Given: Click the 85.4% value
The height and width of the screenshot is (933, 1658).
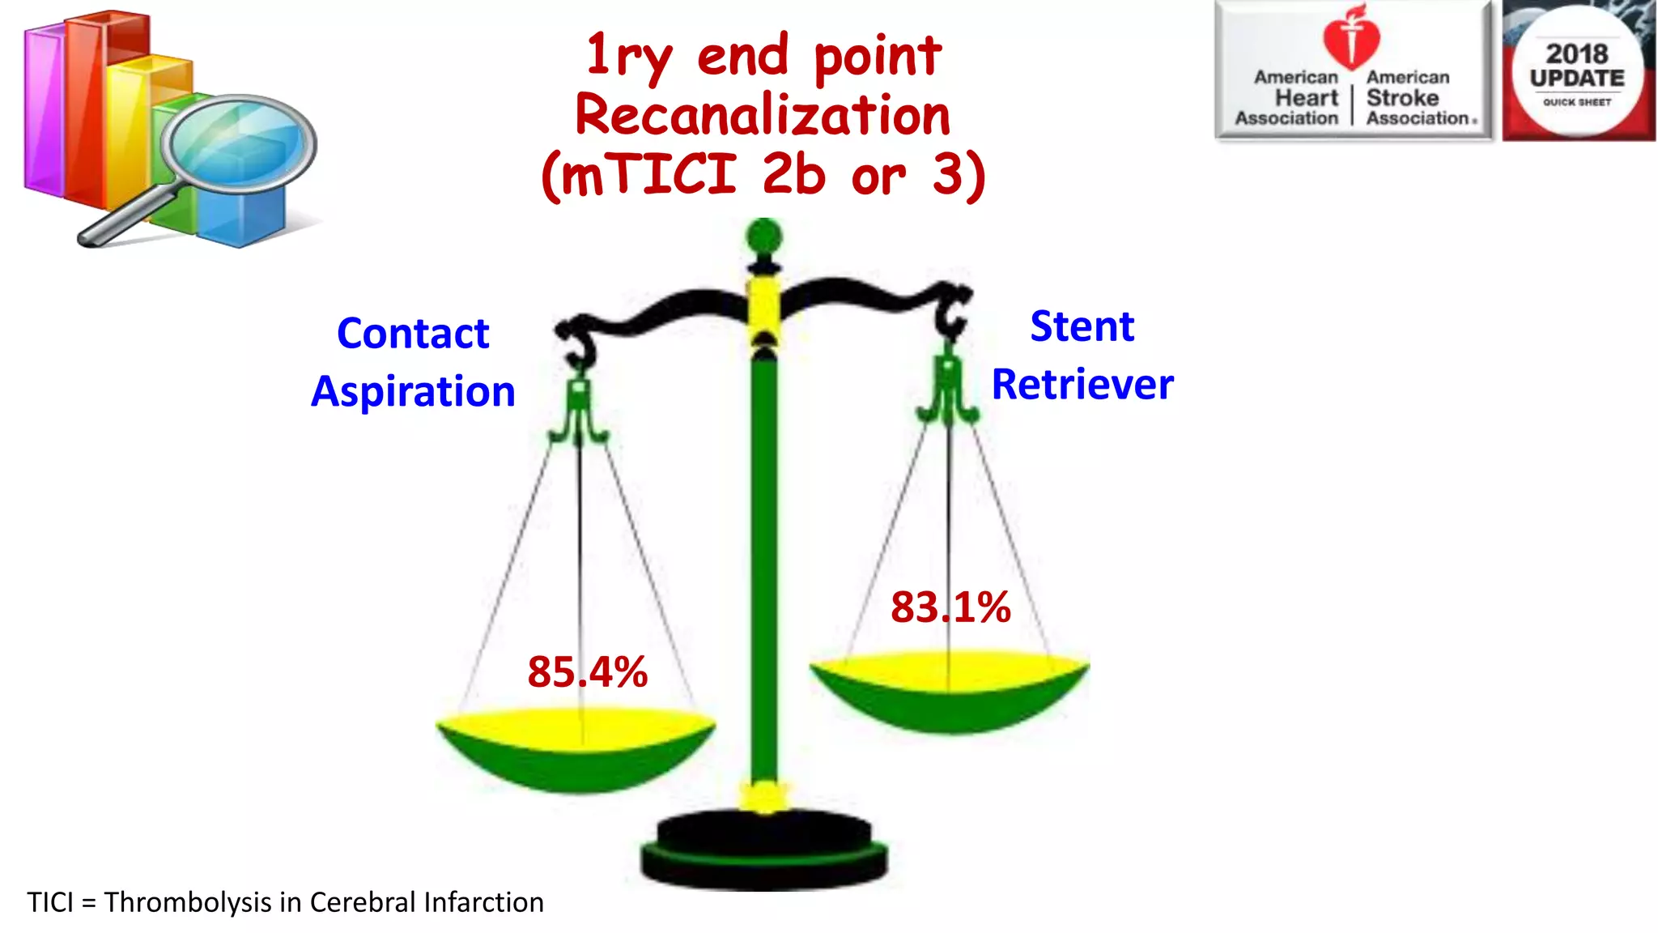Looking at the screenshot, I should point(588,672).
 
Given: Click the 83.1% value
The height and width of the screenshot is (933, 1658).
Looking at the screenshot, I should point(950,607).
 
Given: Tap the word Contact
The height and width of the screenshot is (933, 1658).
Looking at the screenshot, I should point(413,334).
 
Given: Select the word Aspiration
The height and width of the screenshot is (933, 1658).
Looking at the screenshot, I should point(413,392).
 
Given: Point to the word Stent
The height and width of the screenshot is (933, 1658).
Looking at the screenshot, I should point(1082,326).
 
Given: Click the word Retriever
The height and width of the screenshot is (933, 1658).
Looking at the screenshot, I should point(1082,385).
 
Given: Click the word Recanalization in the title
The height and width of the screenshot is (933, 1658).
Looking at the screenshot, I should point(763,115).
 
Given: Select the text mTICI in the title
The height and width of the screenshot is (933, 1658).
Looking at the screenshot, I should point(648,174).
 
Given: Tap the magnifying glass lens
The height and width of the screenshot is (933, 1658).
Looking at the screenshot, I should point(240,144).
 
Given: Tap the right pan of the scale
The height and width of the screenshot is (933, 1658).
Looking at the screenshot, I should point(950,688).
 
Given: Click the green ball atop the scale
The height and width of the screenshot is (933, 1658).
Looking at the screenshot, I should point(763,237).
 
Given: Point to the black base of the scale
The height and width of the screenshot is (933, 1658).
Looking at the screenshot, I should point(764,850).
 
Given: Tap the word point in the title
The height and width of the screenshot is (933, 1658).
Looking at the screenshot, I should point(878,57).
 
